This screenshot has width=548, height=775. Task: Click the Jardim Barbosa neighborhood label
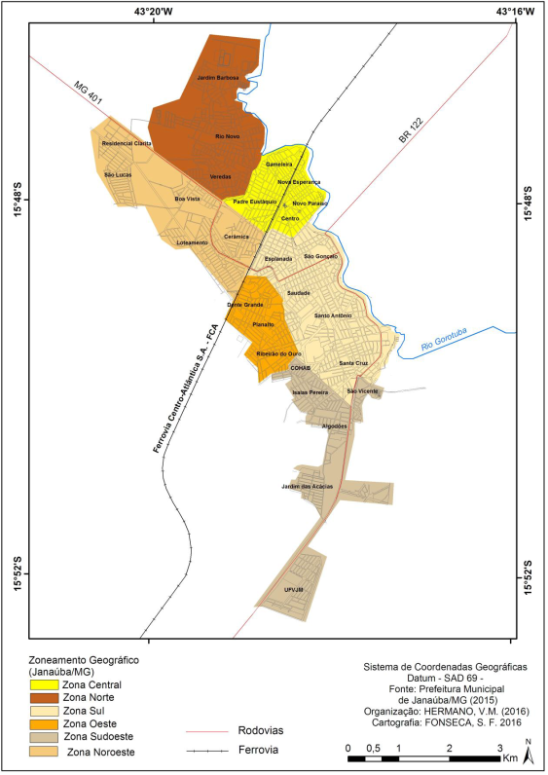[x=217, y=77]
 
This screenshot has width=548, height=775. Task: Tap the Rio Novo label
[x=227, y=136]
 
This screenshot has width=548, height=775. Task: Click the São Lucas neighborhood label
[x=118, y=174]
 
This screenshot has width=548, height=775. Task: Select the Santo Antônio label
[x=332, y=315]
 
